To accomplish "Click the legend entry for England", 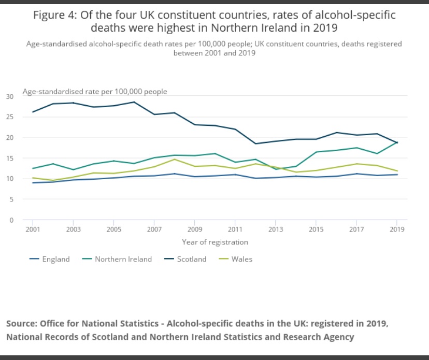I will (55, 259).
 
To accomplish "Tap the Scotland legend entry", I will (191, 259).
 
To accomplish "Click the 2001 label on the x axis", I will (32, 228).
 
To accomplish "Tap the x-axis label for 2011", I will (235, 228).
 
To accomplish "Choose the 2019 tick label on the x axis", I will (397, 228).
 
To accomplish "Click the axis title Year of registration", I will (214, 242).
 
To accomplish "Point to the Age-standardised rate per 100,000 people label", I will (95, 91).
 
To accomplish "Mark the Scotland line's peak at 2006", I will (134, 102).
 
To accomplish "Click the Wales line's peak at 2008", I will (174, 159).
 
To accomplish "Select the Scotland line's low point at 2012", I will (255, 143).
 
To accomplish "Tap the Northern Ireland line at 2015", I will (316, 152).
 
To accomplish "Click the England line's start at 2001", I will (32, 183).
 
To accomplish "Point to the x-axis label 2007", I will (154, 228).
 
